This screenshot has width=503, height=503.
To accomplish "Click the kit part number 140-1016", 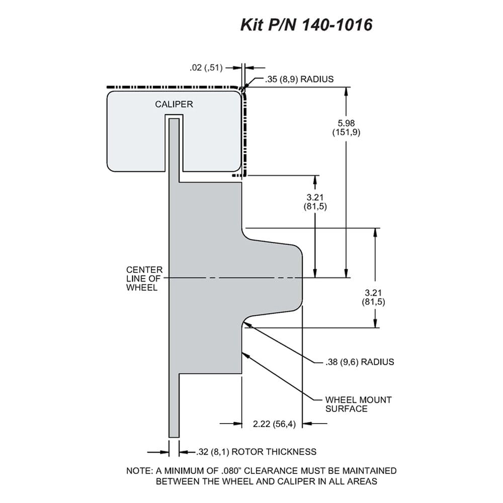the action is tap(337, 25).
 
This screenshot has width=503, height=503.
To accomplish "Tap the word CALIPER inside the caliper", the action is tap(174, 104).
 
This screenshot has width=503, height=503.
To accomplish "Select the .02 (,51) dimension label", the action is tap(206, 68).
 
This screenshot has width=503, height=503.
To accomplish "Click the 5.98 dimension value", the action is tap(346, 123).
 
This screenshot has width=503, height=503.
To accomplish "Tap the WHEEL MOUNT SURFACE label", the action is tap(358, 404).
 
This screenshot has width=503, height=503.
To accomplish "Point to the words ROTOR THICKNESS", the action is tap(274, 452).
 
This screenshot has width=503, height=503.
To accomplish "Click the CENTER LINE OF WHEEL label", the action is tap(144, 279).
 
